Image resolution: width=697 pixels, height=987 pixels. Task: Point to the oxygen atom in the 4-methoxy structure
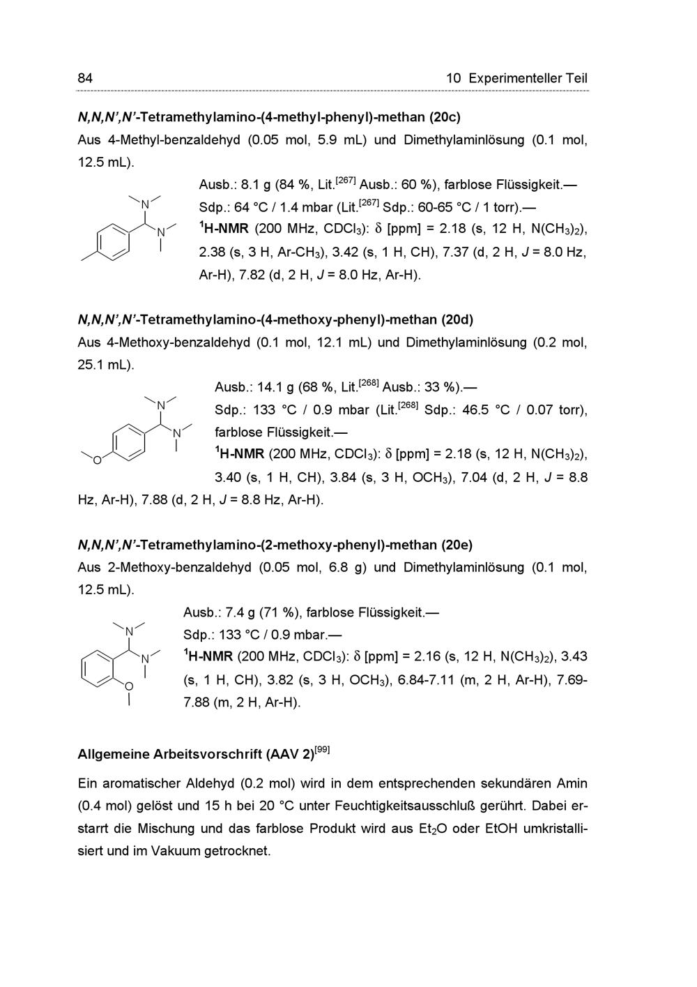tap(97, 460)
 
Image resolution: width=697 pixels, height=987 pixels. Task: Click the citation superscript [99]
tap(322, 750)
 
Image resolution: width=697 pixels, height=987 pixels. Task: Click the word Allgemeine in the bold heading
tap(112, 755)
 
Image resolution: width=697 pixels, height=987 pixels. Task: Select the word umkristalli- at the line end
tap(547, 829)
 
